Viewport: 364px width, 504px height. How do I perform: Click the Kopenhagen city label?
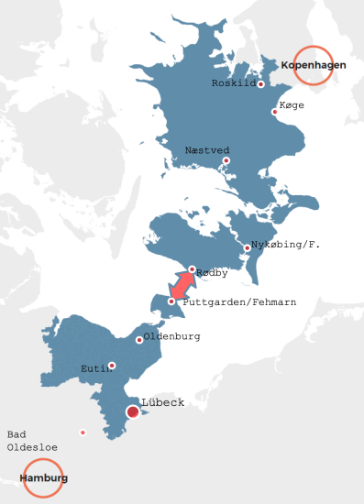coord(313,64)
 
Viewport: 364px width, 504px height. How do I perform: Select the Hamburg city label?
coord(43,478)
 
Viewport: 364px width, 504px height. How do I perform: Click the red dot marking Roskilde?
coord(260,84)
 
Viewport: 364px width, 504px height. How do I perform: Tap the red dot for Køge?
coord(274,112)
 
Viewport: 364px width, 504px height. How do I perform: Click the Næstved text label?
coord(207,149)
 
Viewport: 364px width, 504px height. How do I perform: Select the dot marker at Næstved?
coord(226,161)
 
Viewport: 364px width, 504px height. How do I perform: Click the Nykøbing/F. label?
coord(285,245)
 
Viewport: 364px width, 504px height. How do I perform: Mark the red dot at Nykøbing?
coord(247,248)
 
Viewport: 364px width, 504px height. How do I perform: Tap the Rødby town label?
coord(211,273)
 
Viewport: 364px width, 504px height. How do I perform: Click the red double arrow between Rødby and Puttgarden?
coord(182,285)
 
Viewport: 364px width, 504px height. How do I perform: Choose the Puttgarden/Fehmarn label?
coord(239,301)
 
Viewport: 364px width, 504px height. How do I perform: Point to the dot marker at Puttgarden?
coord(171,301)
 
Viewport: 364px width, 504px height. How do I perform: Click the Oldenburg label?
coord(172,336)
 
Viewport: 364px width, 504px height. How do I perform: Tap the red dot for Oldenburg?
coord(139,340)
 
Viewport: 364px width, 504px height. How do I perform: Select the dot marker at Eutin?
coord(112,366)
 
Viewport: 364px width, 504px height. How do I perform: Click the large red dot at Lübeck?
coord(133,412)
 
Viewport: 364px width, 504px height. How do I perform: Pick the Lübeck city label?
coord(162,402)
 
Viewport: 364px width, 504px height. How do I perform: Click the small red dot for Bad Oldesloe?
coord(83,433)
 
